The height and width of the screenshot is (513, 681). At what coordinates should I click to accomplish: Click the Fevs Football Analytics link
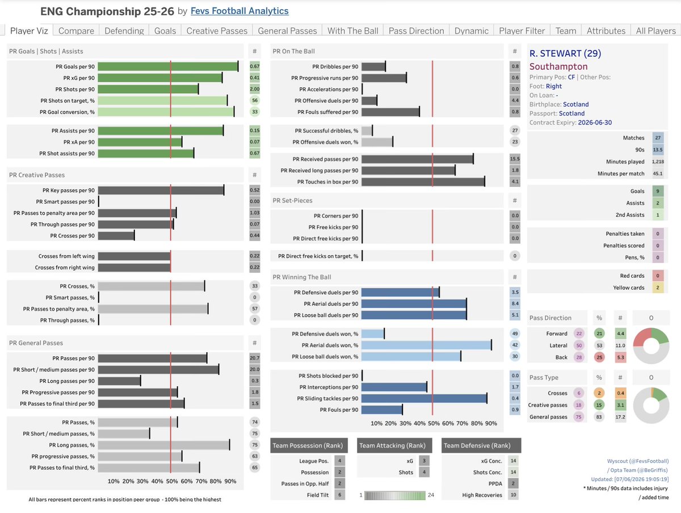click(239, 11)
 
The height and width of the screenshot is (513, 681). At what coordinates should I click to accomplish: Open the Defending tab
click(124, 31)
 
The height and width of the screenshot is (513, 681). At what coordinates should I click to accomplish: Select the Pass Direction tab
click(416, 31)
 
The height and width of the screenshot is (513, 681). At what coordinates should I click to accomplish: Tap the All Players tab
click(655, 31)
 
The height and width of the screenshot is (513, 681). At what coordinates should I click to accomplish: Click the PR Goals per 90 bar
click(168, 66)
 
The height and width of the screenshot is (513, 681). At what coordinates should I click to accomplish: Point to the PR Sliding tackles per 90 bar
click(424, 398)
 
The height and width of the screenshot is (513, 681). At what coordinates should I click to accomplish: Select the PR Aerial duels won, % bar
click(427, 345)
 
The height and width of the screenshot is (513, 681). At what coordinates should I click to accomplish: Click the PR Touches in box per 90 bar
click(423, 182)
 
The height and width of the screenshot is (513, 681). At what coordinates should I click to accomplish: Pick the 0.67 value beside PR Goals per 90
click(255, 66)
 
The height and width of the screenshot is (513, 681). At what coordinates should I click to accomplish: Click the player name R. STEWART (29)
click(565, 53)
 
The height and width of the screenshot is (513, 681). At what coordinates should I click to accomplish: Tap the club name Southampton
click(558, 66)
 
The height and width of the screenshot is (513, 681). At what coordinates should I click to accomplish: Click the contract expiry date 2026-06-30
click(595, 122)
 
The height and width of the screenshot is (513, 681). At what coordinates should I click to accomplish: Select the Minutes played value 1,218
click(658, 161)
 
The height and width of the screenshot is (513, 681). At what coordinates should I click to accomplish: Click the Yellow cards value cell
click(658, 287)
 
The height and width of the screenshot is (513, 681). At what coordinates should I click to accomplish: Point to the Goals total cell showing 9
click(658, 191)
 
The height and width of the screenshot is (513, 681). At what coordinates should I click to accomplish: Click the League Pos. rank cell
click(340, 461)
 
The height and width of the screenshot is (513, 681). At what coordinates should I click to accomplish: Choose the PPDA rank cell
click(514, 483)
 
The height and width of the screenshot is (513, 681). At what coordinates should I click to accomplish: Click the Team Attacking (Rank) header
click(392, 445)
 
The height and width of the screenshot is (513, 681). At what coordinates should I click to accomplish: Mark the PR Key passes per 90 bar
click(161, 190)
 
